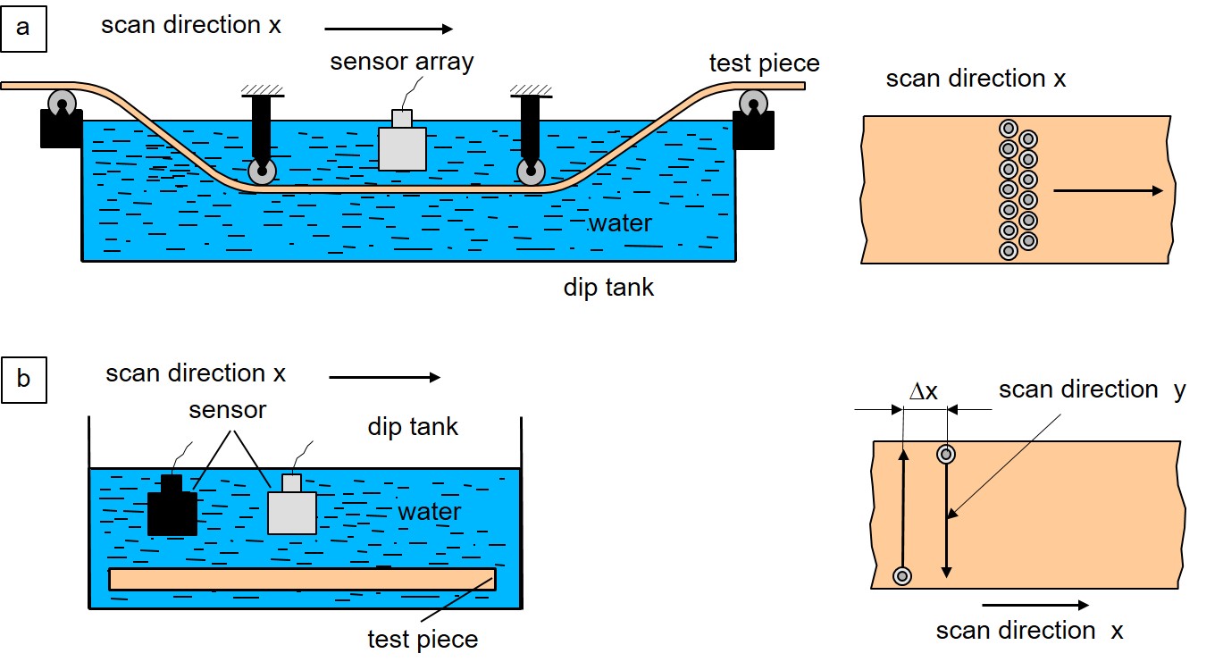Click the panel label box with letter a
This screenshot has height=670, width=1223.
(x=24, y=28)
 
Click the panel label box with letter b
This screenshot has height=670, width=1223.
(x=24, y=379)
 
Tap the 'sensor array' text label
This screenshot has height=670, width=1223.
(x=401, y=62)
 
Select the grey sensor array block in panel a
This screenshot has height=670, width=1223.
(x=402, y=147)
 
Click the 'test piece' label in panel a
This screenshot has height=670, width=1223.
(x=764, y=63)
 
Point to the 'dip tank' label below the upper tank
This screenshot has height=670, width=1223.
(x=608, y=288)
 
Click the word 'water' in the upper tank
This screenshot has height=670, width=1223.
(x=620, y=222)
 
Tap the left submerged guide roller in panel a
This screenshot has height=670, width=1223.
(x=263, y=172)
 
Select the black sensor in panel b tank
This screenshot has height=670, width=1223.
(x=172, y=510)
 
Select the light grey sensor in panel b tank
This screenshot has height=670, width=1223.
(x=292, y=509)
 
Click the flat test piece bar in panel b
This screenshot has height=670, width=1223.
(x=302, y=579)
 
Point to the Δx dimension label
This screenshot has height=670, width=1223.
(x=924, y=391)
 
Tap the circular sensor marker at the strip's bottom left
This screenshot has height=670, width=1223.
(x=903, y=576)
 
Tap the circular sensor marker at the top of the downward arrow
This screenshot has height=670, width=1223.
(x=947, y=455)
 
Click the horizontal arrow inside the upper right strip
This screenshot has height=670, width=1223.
(x=1108, y=190)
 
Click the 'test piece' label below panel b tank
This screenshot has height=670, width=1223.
(x=423, y=640)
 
